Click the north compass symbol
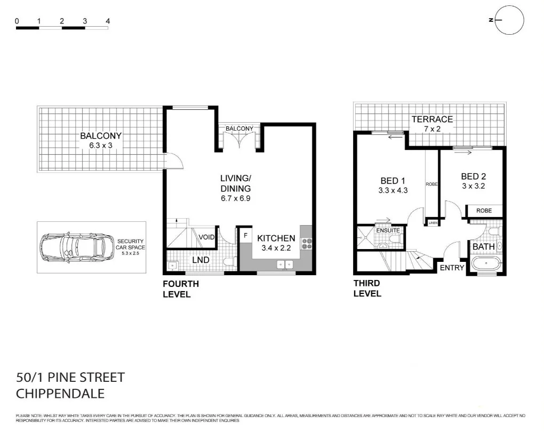tap(509, 20)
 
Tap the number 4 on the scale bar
tap(108, 21)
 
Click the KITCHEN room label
tap(276, 238)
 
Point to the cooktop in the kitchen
tap(307, 244)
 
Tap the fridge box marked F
tap(245, 235)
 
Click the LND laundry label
tap(201, 260)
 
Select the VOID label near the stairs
tap(206, 237)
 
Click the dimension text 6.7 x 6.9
tap(235, 198)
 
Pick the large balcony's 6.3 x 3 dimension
tap(101, 145)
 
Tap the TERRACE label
tap(431, 119)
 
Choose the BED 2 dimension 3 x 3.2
tap(473, 186)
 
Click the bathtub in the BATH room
tap(486, 263)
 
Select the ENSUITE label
tap(388, 230)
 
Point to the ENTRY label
tap(451, 268)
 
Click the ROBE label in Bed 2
tap(484, 211)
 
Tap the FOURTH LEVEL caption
tap(181, 289)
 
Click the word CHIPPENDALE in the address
tap(60, 394)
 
